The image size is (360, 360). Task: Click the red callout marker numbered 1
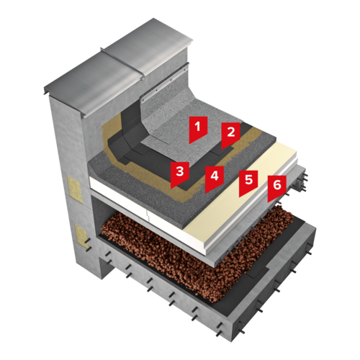pyautogui.click(x=198, y=128)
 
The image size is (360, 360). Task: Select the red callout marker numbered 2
pyautogui.click(x=230, y=135)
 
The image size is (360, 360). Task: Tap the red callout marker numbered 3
pyautogui.click(x=180, y=174)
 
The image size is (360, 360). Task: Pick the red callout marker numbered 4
pyautogui.click(x=215, y=178)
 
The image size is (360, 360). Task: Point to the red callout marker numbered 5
pyautogui.click(x=248, y=182)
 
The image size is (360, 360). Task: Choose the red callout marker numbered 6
pyautogui.click(x=277, y=187)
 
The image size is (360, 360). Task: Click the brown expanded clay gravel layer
pyautogui.click(x=197, y=254)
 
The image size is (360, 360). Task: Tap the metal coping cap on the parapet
pyautogui.click(x=117, y=70)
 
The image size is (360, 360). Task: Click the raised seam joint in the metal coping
pyautogui.click(x=122, y=64)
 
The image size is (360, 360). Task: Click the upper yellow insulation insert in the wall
pyautogui.click(x=75, y=189)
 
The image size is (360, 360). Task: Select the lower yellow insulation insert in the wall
pyautogui.click(x=81, y=236)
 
